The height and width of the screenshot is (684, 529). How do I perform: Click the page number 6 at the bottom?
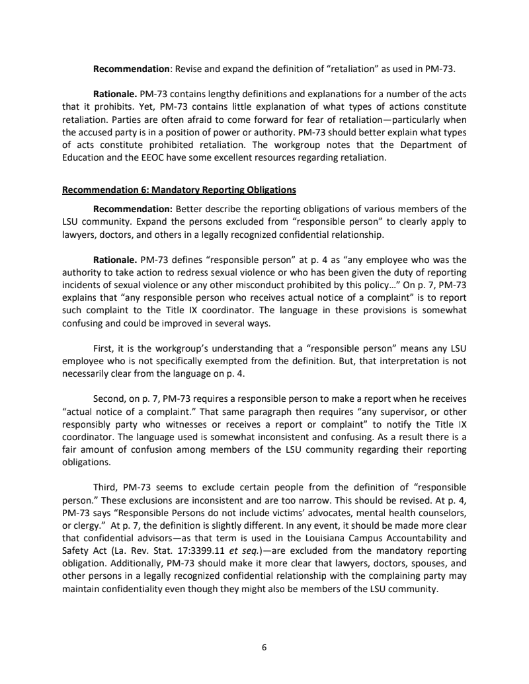[x=264, y=648]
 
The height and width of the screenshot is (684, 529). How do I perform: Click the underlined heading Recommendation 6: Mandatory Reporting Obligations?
[x=179, y=190]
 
